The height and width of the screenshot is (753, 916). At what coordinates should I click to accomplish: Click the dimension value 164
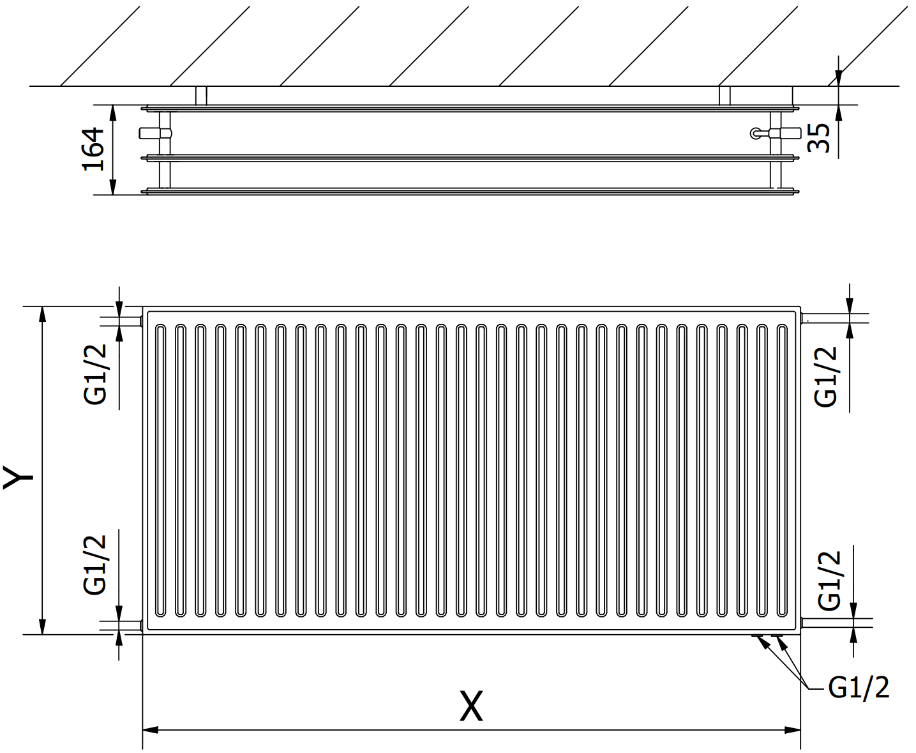[93, 149]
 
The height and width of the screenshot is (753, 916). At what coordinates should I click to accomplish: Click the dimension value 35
[818, 138]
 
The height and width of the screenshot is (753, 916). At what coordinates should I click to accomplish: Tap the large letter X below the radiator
[471, 706]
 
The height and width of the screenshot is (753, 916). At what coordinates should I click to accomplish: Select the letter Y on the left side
[19, 478]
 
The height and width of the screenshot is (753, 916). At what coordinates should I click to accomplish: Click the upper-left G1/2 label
[94, 374]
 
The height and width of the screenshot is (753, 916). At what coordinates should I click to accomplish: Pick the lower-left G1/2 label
[94, 565]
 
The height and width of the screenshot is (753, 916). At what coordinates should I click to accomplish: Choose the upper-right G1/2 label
[825, 377]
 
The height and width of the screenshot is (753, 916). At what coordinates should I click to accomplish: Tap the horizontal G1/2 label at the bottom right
[859, 688]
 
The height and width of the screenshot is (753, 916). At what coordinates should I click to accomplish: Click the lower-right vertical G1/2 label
[829, 581]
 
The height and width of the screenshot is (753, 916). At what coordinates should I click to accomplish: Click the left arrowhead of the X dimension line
[150, 730]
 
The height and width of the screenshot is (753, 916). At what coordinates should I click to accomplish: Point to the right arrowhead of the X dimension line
[793, 730]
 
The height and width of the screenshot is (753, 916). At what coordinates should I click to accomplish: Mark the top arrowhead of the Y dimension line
[43, 314]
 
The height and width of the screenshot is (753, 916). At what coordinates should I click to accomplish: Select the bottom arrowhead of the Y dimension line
[43, 627]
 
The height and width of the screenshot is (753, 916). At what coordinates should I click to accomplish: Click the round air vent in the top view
[756, 133]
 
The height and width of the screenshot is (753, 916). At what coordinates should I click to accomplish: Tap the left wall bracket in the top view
[201, 96]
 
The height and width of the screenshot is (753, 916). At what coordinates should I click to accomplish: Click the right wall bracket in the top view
[725, 96]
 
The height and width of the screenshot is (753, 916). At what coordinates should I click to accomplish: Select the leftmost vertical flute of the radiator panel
[160, 471]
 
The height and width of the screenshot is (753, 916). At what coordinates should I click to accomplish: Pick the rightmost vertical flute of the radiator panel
[782, 471]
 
